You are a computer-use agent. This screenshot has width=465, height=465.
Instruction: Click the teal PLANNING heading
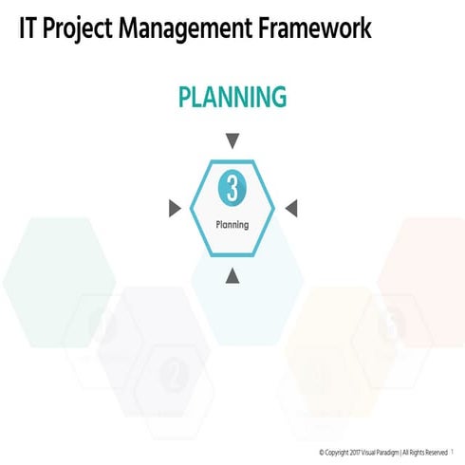(x=232, y=97)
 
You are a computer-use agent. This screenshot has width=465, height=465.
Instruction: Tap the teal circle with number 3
(x=232, y=188)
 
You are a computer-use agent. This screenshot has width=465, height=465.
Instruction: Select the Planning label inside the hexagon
(x=232, y=225)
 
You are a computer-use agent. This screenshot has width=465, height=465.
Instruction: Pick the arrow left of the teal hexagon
(x=174, y=208)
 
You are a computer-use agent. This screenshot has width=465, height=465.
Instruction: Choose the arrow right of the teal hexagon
(x=291, y=208)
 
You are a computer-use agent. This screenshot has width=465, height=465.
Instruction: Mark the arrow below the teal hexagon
(x=232, y=275)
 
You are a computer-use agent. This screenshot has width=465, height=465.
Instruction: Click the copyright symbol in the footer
(x=323, y=453)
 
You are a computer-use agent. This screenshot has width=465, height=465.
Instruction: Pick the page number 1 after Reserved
(x=454, y=453)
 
